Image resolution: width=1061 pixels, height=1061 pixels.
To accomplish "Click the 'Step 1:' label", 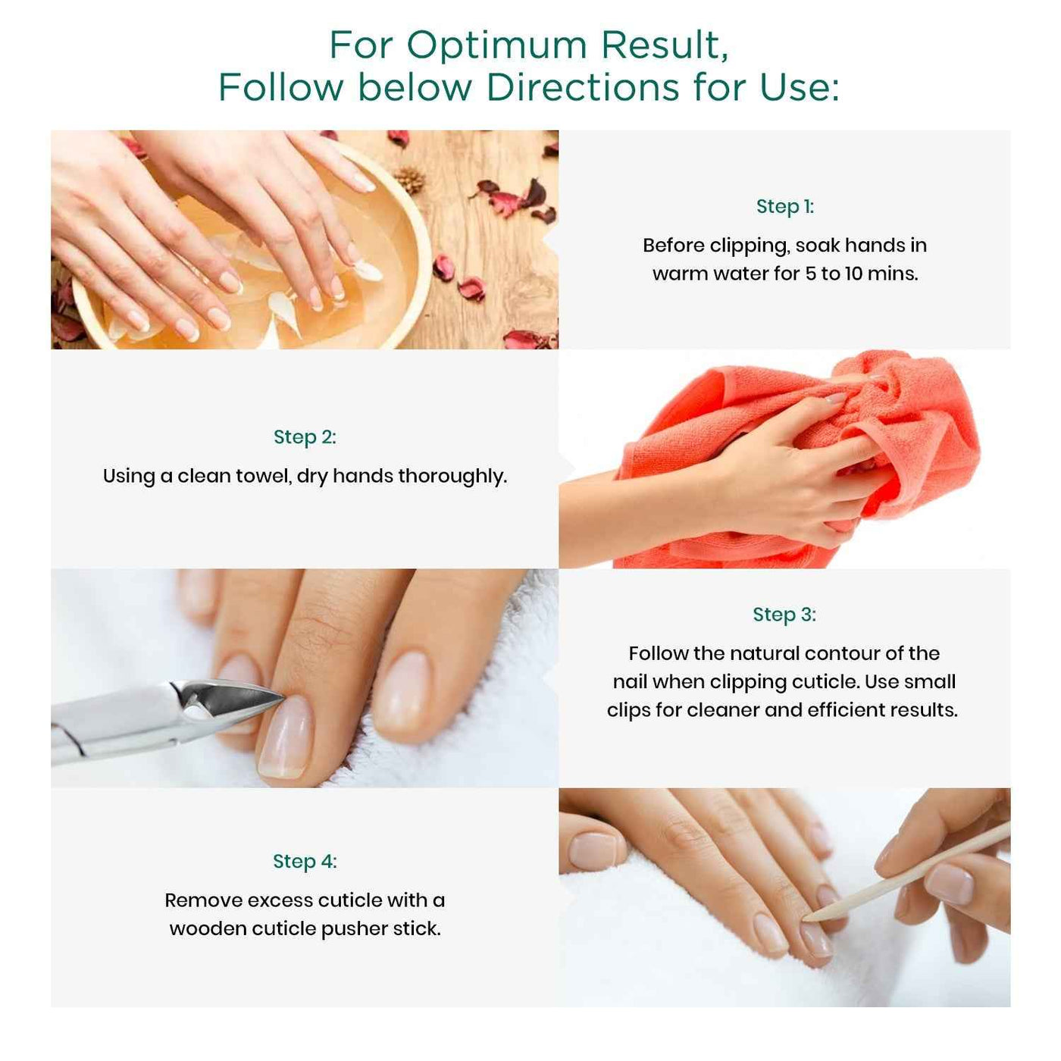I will [784, 207].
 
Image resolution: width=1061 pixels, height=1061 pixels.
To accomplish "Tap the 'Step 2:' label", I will [305, 437].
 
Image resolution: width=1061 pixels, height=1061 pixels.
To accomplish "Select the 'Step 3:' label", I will [784, 615].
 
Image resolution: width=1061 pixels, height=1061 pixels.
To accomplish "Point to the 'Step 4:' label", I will [305, 862].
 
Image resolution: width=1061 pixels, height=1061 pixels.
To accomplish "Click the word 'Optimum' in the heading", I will [496, 45].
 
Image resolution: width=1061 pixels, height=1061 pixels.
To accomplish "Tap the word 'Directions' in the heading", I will [582, 87].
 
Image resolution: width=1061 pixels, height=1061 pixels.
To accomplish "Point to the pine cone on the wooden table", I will [410, 180].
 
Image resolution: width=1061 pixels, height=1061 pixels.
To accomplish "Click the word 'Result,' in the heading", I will [665, 45].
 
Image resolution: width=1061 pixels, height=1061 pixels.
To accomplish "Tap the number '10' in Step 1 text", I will [853, 274].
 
